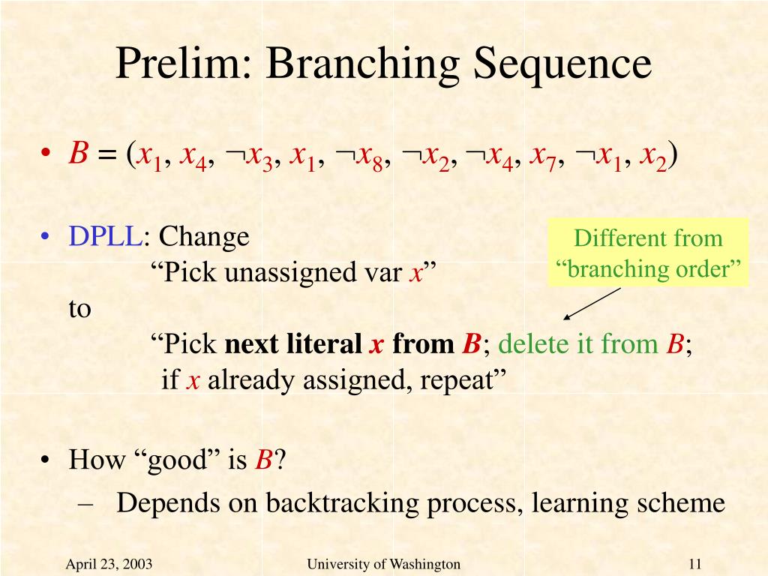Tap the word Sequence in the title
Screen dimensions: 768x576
tap(562, 64)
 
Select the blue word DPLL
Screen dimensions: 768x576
tap(105, 236)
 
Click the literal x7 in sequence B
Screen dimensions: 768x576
tap(543, 157)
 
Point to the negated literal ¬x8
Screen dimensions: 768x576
tap(358, 157)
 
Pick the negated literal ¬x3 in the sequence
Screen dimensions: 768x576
tap(248, 157)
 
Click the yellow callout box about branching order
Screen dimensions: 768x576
tap(647, 252)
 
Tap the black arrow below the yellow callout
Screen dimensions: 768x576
tap(592, 304)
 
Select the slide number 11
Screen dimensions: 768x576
tap(695, 564)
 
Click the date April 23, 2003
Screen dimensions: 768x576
tap(109, 564)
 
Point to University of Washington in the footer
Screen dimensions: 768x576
tap(383, 564)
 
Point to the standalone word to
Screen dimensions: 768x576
tap(79, 309)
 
